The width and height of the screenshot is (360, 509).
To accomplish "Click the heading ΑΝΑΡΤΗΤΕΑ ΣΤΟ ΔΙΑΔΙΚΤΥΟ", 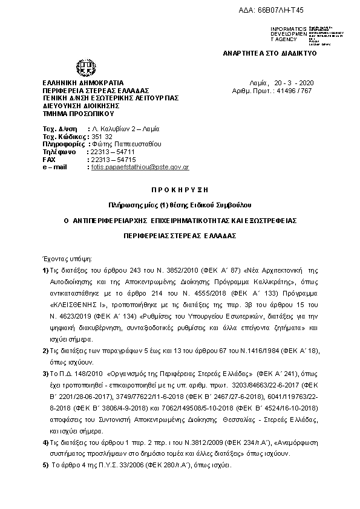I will (x=270, y=53).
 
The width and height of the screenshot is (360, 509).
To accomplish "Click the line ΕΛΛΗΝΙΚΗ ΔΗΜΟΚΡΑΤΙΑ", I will (x=82, y=82).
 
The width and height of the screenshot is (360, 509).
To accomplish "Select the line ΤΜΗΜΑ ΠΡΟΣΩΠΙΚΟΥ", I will (x=78, y=113).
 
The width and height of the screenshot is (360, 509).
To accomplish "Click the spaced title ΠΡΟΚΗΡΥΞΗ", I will (x=180, y=189).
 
